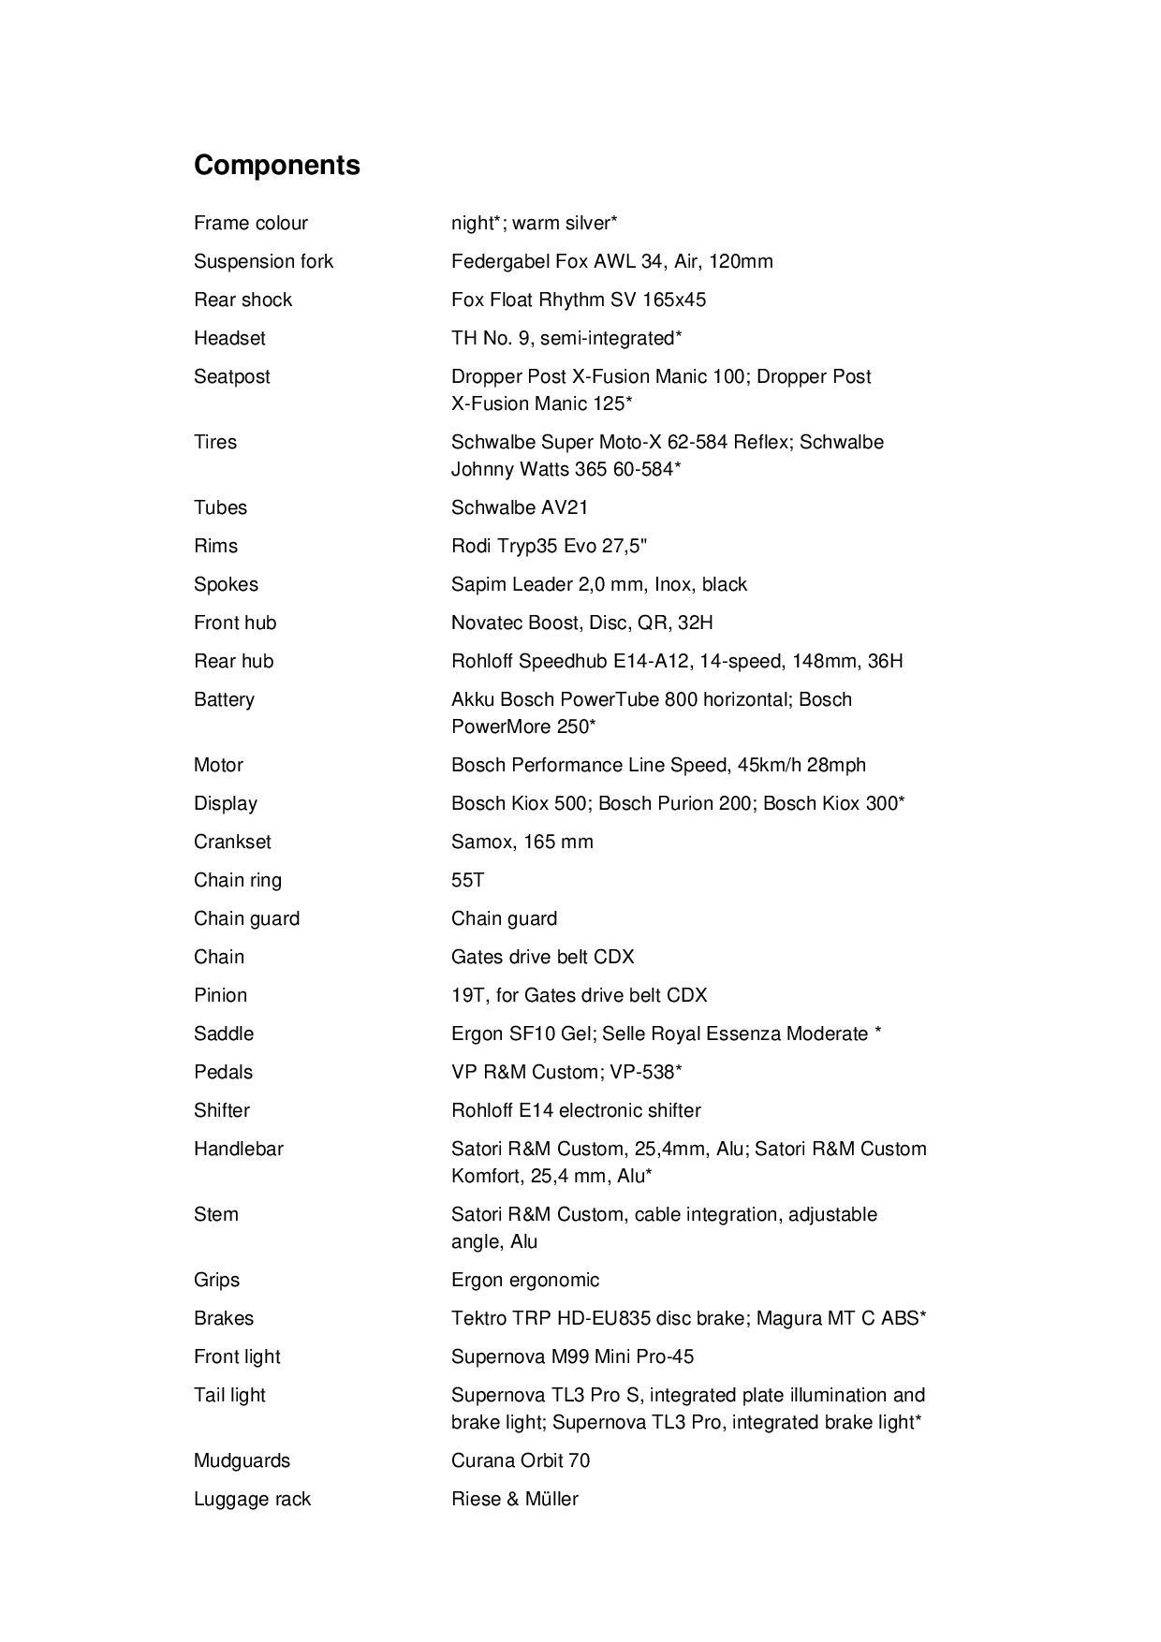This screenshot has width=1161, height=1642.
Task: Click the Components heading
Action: click(276, 165)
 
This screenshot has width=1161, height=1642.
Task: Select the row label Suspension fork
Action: click(263, 261)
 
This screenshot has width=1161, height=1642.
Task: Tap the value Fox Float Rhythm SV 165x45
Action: click(578, 300)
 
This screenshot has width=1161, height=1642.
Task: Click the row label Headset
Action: click(229, 338)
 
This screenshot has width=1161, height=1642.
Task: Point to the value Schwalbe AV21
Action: click(520, 507)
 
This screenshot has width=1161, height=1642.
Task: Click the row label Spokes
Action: click(226, 584)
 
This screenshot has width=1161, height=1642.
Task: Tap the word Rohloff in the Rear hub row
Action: click(482, 661)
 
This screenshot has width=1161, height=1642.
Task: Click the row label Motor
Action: click(218, 765)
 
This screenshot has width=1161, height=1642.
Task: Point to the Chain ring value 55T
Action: click(467, 880)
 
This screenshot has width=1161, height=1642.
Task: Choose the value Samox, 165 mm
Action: click(522, 842)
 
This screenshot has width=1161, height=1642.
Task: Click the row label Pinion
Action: click(220, 995)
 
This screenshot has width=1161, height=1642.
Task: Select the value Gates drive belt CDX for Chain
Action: click(542, 957)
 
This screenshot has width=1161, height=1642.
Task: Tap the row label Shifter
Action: click(222, 1110)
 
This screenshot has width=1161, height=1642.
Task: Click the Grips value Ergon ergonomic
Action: click(524, 1280)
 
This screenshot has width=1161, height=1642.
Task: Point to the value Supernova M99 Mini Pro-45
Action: click(572, 1356)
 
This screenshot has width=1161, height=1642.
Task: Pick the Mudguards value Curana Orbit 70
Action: click(520, 1460)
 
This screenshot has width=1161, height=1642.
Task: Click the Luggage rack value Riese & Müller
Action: click(514, 1499)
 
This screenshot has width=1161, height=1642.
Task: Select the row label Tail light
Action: click(229, 1395)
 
